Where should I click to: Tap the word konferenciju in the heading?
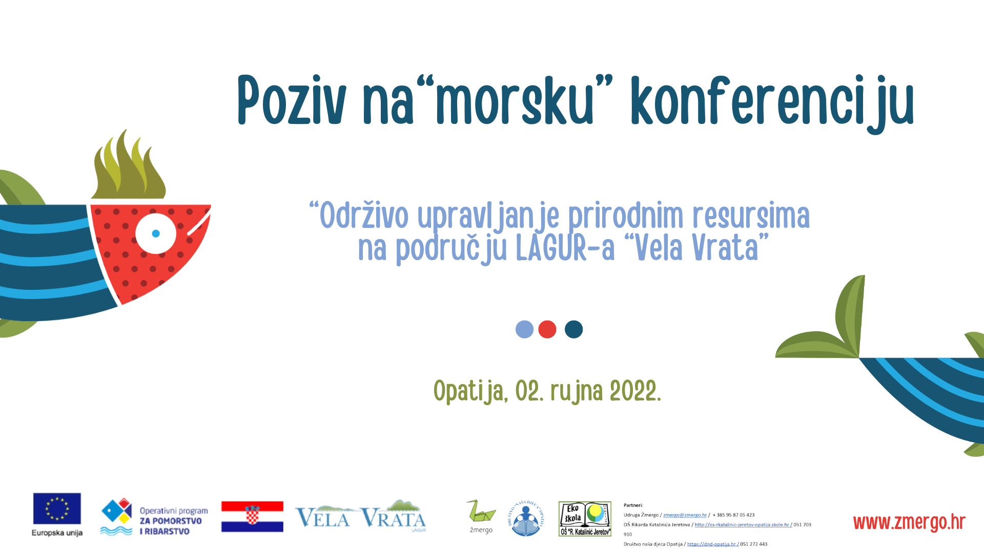pyautogui.click(x=772, y=102)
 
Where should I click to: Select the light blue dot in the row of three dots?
pyautogui.click(x=524, y=329)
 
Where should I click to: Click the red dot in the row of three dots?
pyautogui.click(x=547, y=329)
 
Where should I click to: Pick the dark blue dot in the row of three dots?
pyautogui.click(x=573, y=329)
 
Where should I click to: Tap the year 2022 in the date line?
pyautogui.click(x=633, y=392)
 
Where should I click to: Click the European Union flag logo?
pyautogui.click(x=57, y=509)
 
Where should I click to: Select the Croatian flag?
pyautogui.click(x=252, y=517)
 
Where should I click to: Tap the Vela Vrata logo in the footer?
pyautogui.click(x=360, y=517)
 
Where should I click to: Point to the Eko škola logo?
pyautogui.click(x=585, y=519)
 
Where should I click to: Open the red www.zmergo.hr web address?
pyautogui.click(x=909, y=523)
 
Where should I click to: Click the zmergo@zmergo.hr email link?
pyautogui.click(x=685, y=515)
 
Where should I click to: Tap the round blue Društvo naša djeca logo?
pyautogui.click(x=526, y=519)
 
